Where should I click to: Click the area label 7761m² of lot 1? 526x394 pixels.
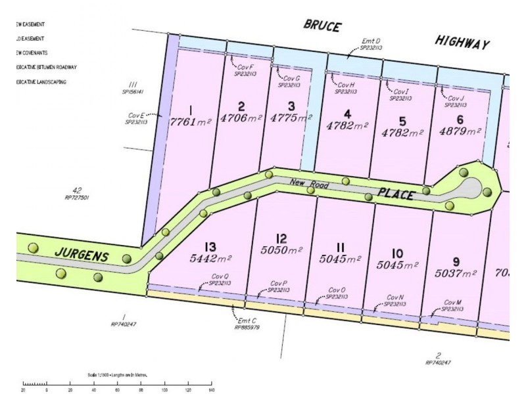pyautogui.click(x=191, y=121)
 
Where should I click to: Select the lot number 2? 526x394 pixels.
pyautogui.click(x=241, y=106)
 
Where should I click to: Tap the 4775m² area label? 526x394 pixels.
pyautogui.click(x=292, y=118)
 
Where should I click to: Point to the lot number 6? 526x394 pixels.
pyautogui.click(x=460, y=119)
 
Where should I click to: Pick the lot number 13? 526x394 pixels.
pyautogui.click(x=210, y=246)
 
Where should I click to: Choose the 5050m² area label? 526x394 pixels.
pyautogui.click(x=281, y=250)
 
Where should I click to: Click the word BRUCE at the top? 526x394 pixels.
pyautogui.click(x=322, y=27)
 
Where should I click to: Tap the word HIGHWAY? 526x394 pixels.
pyautogui.click(x=462, y=43)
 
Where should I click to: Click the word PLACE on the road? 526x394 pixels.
pyautogui.click(x=395, y=194)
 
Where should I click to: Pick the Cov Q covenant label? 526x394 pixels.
pyautogui.click(x=220, y=276)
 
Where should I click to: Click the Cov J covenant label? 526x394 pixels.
pyautogui.click(x=455, y=98)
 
